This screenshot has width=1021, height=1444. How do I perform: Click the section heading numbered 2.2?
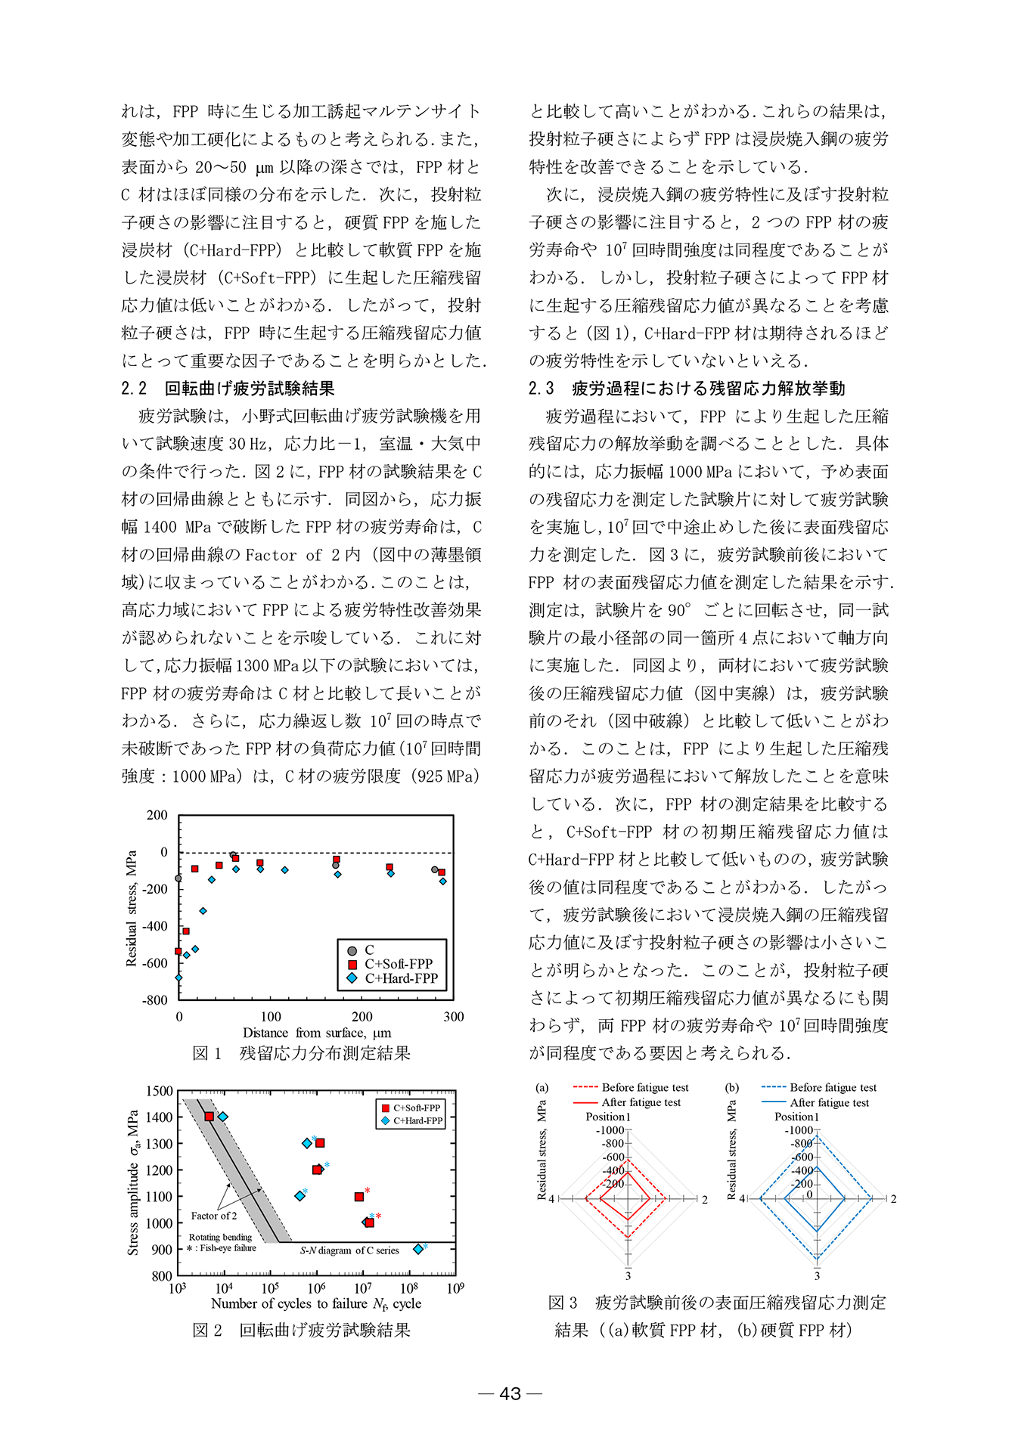pos(228,389)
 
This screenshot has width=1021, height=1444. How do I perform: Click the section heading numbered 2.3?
pos(687,389)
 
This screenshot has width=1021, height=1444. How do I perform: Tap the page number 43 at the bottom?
pos(510,1393)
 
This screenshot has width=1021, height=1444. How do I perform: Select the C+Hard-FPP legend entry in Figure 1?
pos(401,978)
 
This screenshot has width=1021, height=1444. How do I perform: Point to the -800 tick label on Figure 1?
pos(155,999)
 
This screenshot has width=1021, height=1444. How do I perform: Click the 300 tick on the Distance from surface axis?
pos(453,1017)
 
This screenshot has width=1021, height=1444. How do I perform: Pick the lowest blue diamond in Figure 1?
pos(179,978)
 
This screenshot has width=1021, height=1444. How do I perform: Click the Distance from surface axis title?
pos(317,1033)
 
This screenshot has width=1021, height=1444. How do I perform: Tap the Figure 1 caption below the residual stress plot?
pos(302,1053)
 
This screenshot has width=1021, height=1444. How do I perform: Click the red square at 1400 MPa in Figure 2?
pos(209,1117)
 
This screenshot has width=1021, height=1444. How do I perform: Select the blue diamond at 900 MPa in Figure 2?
pos(418,1249)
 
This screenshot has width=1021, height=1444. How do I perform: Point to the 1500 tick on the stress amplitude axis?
pos(160,1091)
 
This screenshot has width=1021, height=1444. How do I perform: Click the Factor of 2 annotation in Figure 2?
pos(214,1216)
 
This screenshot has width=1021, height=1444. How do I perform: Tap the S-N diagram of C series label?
pos(349,1250)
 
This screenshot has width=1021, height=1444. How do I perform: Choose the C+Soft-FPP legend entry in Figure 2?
pos(414,1108)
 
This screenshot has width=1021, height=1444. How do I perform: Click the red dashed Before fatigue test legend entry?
pos(644,1088)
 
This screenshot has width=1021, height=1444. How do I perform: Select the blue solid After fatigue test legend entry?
pos(829,1103)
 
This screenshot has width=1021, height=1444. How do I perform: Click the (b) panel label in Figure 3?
pos(731,1088)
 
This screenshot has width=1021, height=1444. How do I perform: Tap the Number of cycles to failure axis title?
pos(316,1303)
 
